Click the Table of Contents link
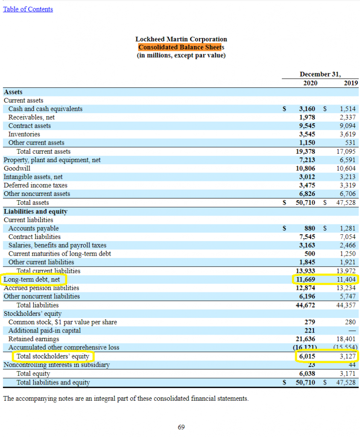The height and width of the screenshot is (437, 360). pyautogui.click(x=28, y=9)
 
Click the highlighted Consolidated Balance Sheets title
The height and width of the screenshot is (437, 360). pyautogui.click(x=181, y=47)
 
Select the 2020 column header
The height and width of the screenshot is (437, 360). pyautogui.click(x=310, y=83)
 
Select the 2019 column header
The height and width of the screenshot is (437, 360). pyautogui.click(x=351, y=83)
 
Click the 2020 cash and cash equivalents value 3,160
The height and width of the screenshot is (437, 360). pyautogui.click(x=307, y=109)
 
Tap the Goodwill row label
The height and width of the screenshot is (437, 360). pyautogui.click(x=17, y=168)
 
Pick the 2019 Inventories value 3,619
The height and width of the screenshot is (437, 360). pyautogui.click(x=348, y=134)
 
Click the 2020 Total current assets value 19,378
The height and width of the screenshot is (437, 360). pyautogui.click(x=305, y=151)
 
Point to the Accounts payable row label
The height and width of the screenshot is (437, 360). pyautogui.click(x=33, y=229)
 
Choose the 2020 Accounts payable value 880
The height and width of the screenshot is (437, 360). pyautogui.click(x=310, y=229)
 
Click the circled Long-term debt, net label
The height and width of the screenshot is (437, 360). pyautogui.click(x=32, y=280)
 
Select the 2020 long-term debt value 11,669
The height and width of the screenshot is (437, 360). pyautogui.click(x=305, y=280)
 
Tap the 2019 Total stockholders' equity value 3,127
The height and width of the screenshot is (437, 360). pyautogui.click(x=348, y=356)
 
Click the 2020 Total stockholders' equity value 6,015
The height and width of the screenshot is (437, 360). pyautogui.click(x=307, y=356)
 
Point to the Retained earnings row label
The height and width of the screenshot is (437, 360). pyautogui.click(x=34, y=339)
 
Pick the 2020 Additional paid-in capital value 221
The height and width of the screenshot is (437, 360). pyautogui.click(x=310, y=331)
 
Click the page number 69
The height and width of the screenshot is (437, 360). pyautogui.click(x=181, y=427)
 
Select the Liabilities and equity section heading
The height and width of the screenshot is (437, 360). pyautogui.click(x=36, y=212)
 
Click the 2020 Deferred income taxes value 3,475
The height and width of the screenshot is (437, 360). pyautogui.click(x=307, y=185)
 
